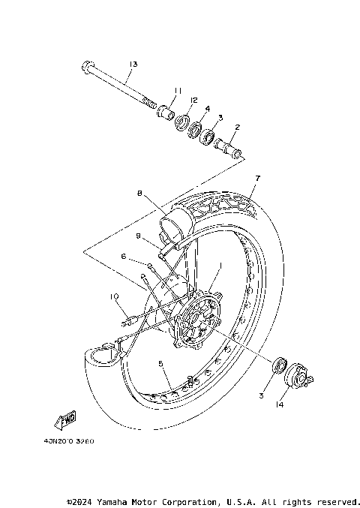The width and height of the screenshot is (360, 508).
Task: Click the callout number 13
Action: click(x=133, y=65)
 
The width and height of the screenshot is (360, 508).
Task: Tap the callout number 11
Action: click(x=178, y=91)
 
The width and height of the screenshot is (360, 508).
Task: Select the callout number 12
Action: click(x=193, y=100)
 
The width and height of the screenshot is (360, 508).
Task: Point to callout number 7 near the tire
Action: click(x=256, y=178)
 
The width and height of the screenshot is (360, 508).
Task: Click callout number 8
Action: click(x=139, y=193)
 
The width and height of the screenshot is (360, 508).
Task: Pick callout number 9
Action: click(x=139, y=236)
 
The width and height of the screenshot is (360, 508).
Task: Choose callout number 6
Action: click(x=124, y=255)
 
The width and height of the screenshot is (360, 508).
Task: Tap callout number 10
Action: click(x=115, y=296)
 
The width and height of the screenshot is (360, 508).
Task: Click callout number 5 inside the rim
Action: click(x=160, y=363)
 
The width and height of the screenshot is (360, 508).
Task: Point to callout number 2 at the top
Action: click(x=237, y=128)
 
